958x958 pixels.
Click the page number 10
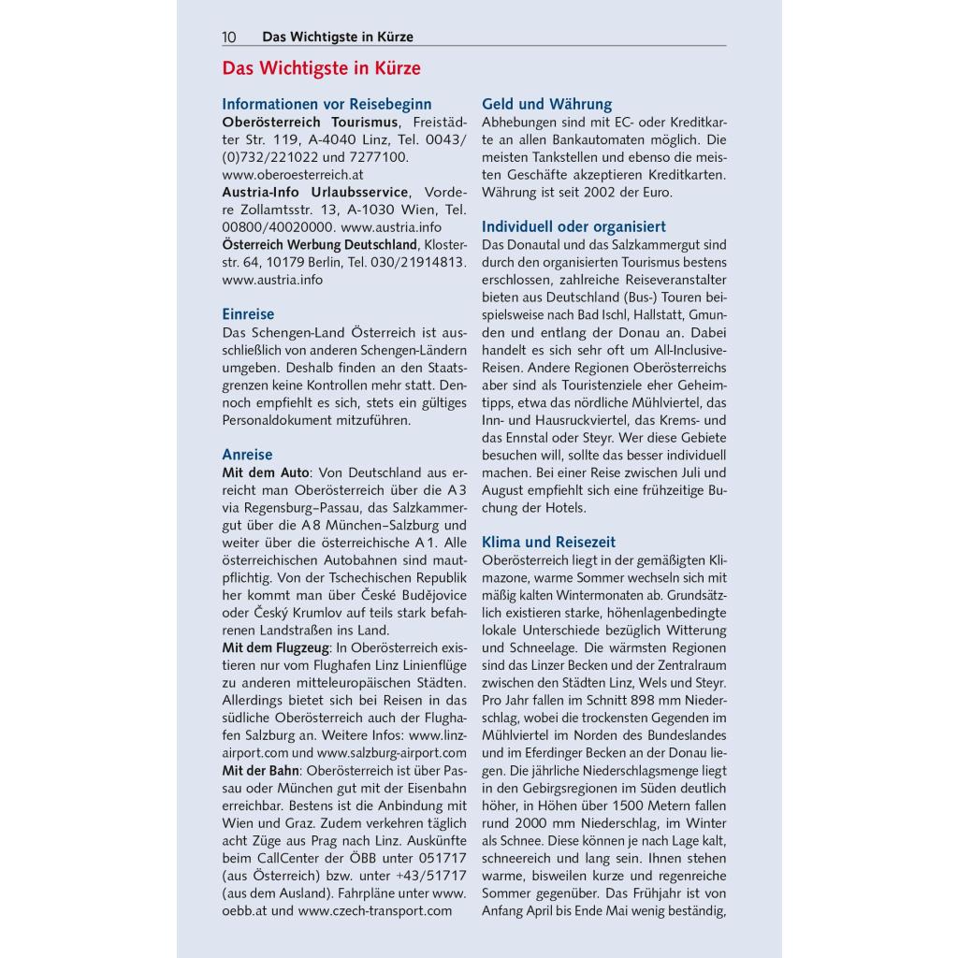pyautogui.click(x=229, y=37)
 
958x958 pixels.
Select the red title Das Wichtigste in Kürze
pyautogui.click(x=321, y=68)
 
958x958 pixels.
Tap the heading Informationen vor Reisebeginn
pyautogui.click(x=327, y=104)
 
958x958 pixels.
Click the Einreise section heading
pyautogui.click(x=248, y=314)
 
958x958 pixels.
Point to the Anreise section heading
pyautogui.click(x=247, y=455)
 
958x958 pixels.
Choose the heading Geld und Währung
pyautogui.click(x=546, y=104)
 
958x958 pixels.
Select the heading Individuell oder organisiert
pyautogui.click(x=573, y=226)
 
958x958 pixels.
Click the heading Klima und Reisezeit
pyautogui.click(x=548, y=542)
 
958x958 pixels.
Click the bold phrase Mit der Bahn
pyautogui.click(x=260, y=770)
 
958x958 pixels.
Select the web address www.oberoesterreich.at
pyautogui.click(x=293, y=174)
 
